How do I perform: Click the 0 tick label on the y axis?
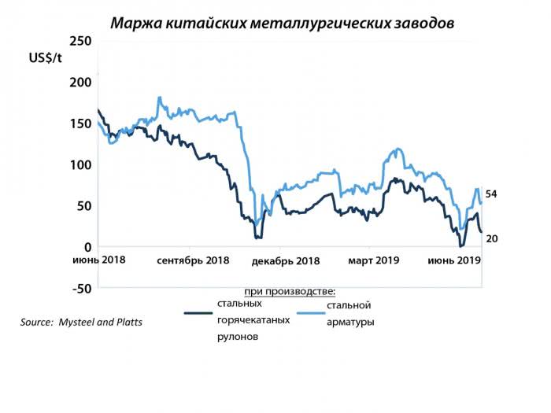pyautogui.click(x=88, y=247)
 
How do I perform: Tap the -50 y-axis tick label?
pyautogui.click(x=81, y=288)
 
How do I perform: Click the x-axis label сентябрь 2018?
pyautogui.click(x=193, y=260)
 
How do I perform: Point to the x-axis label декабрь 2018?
pyautogui.click(x=285, y=260)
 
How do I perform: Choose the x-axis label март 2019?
pyautogui.click(x=375, y=260)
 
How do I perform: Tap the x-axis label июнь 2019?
pyautogui.click(x=454, y=260)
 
